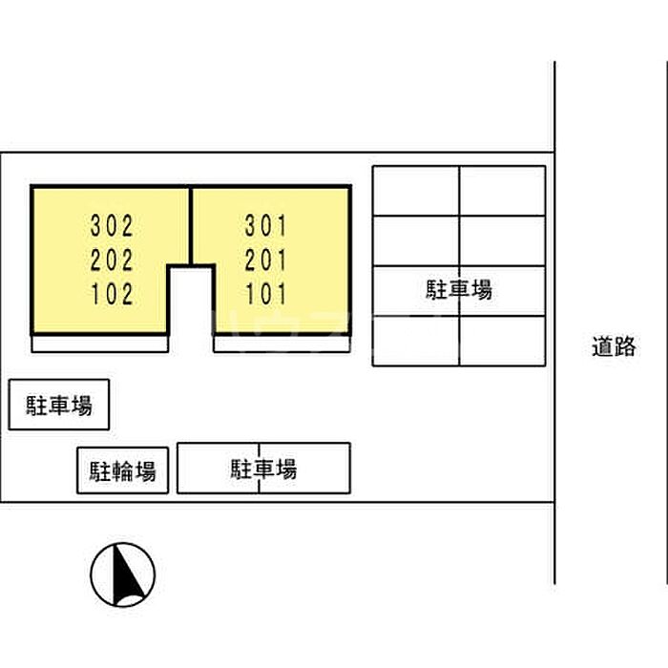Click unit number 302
pos(112,226)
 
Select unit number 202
pos(112,260)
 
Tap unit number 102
pos(112,294)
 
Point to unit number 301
pos(265,226)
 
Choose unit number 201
pos(265,260)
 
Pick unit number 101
pos(265,294)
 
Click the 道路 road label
pos(614,346)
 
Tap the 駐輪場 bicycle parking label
pos(123,470)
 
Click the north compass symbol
pos(123,574)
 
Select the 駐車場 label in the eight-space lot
pos(459,290)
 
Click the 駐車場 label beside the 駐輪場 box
pos(263,469)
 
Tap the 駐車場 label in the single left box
pos(59,405)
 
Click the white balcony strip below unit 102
pos(99,344)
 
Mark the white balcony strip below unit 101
pos(282,344)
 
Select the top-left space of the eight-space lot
pos(416,191)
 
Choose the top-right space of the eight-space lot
pos(503,191)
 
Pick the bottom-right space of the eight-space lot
pos(503,342)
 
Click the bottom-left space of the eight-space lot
pos(416,342)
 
